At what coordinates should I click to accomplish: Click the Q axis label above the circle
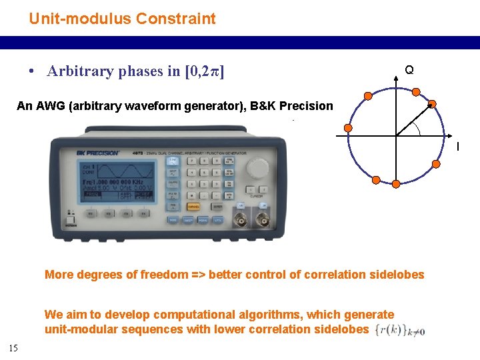pos(409,69)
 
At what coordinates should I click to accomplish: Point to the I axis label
pos(457,146)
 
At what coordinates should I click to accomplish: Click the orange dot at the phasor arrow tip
pos(432,104)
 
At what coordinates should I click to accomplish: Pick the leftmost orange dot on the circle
pos(347,128)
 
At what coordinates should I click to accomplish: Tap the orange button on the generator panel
pos(194,207)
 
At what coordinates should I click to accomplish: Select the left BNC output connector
pos(239,221)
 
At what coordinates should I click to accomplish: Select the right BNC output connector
pos(264,221)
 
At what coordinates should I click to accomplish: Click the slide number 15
pos(13,347)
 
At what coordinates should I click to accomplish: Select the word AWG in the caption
pos(51,106)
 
